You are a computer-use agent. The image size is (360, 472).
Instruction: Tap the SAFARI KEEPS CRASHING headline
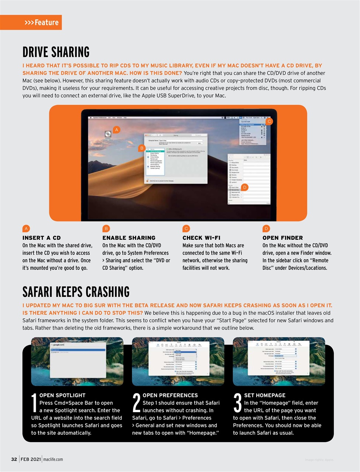click(76, 292)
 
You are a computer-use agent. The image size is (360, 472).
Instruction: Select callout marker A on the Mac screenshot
click(117, 129)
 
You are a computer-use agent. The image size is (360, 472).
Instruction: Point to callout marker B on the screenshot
click(142, 148)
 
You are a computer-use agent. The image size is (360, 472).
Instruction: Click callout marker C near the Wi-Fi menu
click(269, 121)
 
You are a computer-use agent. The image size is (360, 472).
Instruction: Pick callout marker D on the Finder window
click(245, 187)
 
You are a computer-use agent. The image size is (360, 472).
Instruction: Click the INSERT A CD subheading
click(42, 238)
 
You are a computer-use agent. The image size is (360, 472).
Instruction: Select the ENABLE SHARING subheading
click(129, 238)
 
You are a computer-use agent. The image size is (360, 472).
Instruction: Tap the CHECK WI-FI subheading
click(201, 238)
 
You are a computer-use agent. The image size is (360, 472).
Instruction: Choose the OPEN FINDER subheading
click(283, 238)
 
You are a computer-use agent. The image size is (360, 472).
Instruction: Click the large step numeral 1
click(34, 403)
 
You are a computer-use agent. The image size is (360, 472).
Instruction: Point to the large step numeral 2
click(136, 403)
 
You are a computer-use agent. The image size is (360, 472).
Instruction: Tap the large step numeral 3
click(238, 403)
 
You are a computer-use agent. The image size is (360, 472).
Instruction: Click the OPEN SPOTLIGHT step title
click(62, 395)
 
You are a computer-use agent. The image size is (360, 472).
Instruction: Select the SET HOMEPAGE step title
click(264, 395)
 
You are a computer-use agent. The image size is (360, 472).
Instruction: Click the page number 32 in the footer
click(14, 459)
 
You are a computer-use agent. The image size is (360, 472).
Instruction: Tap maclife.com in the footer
click(53, 459)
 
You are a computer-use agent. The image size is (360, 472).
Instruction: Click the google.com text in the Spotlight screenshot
click(59, 344)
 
